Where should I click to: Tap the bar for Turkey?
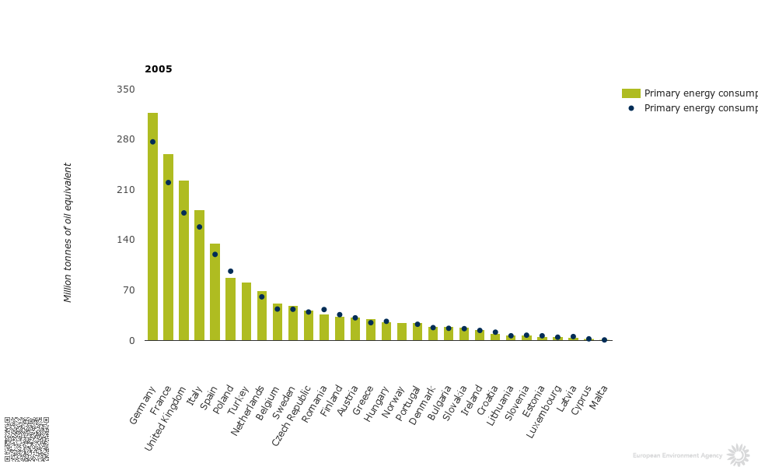point(246,311)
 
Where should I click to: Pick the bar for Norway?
point(402,332)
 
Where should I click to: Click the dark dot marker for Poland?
point(230,271)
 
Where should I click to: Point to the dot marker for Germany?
point(152,142)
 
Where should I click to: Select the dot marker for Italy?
point(199,226)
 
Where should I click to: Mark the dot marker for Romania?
point(324,309)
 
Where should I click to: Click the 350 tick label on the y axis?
point(125,90)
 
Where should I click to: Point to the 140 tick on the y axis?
point(125,240)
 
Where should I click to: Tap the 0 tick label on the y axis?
point(131,341)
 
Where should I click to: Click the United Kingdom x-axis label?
point(166,419)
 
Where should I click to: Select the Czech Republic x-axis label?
point(292,416)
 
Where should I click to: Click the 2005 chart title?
point(159,69)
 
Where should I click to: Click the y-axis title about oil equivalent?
point(68,232)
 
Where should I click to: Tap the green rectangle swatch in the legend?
point(631,93)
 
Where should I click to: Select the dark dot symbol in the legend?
point(631,108)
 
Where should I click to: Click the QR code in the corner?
point(26,439)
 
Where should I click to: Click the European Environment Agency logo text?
point(677,455)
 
